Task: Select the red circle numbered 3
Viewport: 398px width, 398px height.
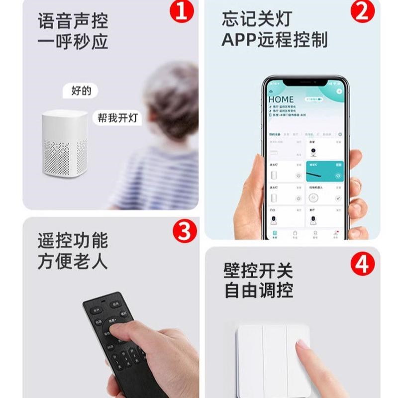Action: point(185,231)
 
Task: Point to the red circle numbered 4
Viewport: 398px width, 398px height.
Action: point(363,264)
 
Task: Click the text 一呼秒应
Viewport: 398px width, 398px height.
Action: point(73,42)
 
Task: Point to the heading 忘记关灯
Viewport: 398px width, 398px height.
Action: point(257,20)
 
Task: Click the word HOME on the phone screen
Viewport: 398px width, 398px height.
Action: point(281,99)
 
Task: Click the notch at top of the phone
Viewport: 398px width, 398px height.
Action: point(304,81)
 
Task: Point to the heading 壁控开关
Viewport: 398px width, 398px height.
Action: point(258,271)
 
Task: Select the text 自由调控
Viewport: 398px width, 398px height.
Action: point(258,291)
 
